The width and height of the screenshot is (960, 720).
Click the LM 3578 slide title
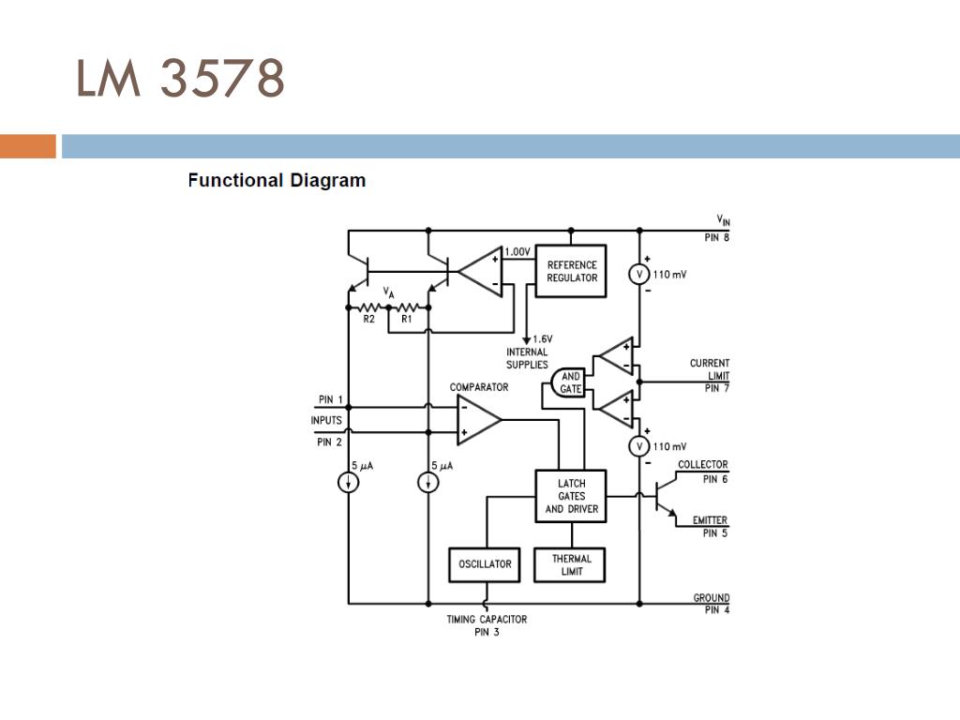pos(180,78)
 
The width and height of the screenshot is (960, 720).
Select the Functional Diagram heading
pos(277,181)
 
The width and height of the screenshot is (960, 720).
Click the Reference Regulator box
pos(571,271)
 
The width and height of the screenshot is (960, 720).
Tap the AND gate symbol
pos(567,382)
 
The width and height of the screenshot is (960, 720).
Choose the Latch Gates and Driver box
pos(571,496)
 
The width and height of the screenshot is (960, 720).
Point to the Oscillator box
pos(485,564)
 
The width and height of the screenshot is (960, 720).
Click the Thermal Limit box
pos(570,564)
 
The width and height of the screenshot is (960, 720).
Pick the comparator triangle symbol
pos(479,420)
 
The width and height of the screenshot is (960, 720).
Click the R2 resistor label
pos(369,319)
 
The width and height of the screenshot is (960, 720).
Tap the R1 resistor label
pos(407,319)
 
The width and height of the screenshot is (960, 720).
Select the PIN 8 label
pos(717,237)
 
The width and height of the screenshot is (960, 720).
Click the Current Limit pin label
pos(710,375)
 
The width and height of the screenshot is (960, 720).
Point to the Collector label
pos(703,465)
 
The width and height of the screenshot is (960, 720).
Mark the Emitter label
pos(711,520)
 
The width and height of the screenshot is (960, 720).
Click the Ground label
pos(712,597)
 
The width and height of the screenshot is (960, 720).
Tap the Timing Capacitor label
pos(487,620)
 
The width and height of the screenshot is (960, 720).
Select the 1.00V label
pos(517,251)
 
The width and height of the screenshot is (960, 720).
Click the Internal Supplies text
pos(527,358)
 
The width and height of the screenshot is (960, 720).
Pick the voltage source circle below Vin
pos(639,275)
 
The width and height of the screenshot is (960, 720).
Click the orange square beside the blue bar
pos(28,146)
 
